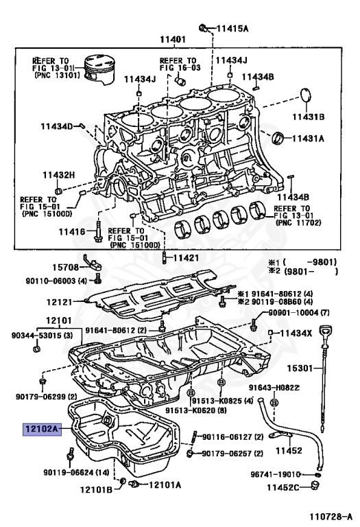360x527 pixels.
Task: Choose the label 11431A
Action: click(x=308, y=138)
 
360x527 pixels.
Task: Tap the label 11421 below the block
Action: click(x=185, y=258)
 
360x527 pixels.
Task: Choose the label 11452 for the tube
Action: click(x=290, y=451)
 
